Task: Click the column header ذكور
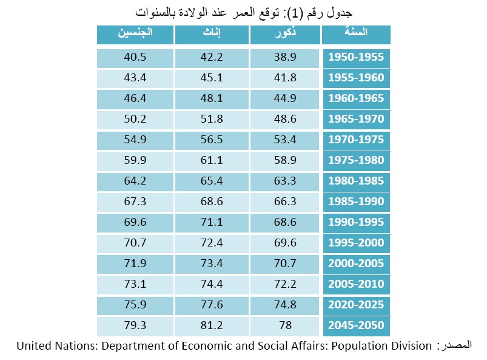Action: tap(284, 35)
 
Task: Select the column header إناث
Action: tap(211, 35)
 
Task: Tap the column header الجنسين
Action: tap(135, 35)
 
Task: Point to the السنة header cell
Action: tap(356, 35)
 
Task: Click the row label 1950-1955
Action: tap(356, 58)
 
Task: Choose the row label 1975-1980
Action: tap(356, 161)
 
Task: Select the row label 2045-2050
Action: tap(356, 325)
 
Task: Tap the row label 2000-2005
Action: tap(356, 263)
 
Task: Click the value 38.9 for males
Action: tap(284, 58)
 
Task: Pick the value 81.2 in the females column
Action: tap(211, 325)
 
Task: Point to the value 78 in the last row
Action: tap(284, 325)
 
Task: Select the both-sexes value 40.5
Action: tap(135, 58)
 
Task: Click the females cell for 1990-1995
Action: tap(211, 222)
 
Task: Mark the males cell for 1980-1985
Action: tap(284, 181)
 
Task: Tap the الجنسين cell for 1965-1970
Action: tap(135, 120)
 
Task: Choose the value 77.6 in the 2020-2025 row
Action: tap(211, 305)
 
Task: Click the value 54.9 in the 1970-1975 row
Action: tap(135, 140)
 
